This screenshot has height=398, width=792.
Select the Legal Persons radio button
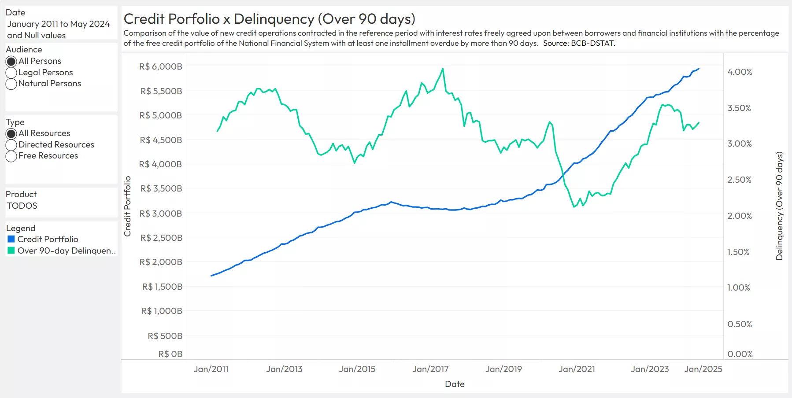(11, 73)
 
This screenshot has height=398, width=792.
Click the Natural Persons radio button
(11, 84)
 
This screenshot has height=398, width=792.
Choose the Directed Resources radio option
(11, 145)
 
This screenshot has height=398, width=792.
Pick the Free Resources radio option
(11, 156)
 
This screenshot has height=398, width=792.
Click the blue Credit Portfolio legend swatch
(11, 239)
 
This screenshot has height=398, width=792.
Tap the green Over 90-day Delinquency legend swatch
(11, 251)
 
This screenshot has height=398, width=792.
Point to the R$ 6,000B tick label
(160, 66)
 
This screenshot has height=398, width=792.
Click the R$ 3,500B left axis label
(161, 188)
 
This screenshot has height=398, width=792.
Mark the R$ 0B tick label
(170, 354)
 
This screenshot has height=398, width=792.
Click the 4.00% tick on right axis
(740, 72)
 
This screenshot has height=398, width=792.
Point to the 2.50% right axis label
(739, 180)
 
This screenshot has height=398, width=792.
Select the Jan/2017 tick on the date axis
(430, 369)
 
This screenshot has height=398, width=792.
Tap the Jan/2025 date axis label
(703, 369)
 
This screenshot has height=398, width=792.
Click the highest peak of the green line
(443, 69)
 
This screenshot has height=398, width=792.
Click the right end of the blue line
(699, 69)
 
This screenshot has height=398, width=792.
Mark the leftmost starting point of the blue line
(211, 276)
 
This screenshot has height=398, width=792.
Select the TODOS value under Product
(22, 206)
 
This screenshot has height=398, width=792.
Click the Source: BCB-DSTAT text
(579, 43)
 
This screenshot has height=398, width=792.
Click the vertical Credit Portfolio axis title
(128, 206)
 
